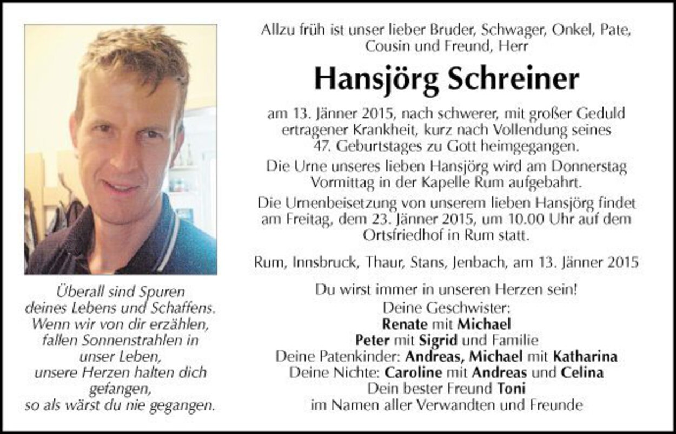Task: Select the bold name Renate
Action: (x=405, y=324)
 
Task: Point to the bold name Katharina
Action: (x=585, y=357)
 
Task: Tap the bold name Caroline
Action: (x=413, y=372)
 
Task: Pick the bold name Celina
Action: (x=582, y=372)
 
